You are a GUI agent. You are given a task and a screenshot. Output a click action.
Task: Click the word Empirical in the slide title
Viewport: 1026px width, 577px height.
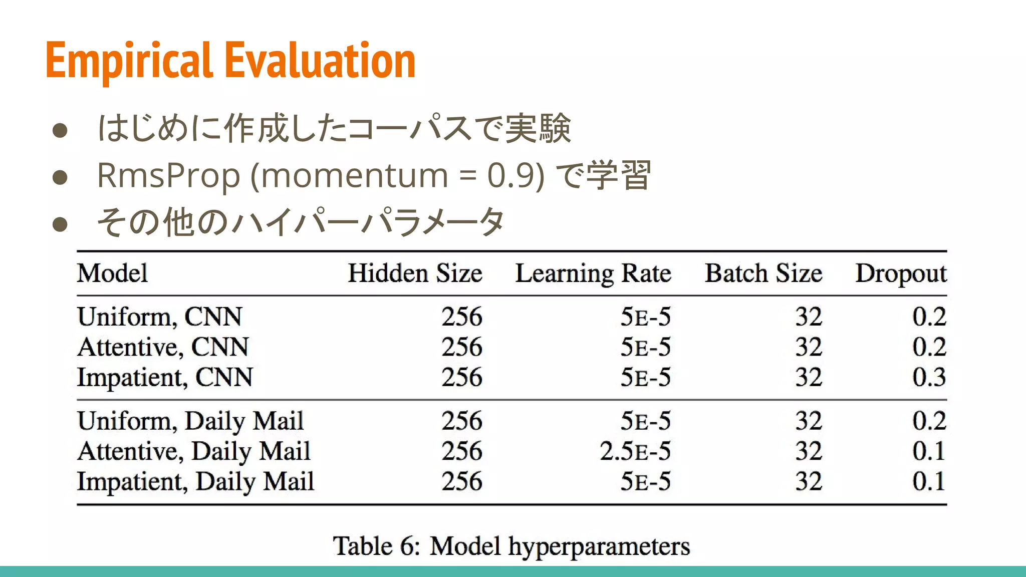[129, 61]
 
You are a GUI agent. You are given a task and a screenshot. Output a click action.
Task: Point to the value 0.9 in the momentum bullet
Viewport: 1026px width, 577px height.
[516, 176]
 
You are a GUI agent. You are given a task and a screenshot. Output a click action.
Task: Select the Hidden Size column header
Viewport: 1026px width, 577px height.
[415, 273]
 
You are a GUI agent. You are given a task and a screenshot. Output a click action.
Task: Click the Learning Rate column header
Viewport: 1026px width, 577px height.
[593, 274]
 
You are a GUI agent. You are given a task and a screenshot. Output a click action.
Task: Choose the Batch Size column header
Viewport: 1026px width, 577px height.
[763, 273]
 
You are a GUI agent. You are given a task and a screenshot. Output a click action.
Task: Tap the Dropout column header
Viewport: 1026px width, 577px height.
[901, 274]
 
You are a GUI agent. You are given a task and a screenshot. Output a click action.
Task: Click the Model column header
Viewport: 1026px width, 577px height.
[112, 273]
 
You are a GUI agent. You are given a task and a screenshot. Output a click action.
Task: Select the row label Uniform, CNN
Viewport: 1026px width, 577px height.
[159, 317]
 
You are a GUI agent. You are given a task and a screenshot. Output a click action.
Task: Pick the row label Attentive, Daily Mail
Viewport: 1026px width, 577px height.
[194, 451]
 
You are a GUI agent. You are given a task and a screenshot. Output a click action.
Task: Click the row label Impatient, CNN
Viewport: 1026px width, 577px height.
[165, 378]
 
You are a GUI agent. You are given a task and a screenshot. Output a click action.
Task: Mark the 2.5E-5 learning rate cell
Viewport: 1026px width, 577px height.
[635, 451]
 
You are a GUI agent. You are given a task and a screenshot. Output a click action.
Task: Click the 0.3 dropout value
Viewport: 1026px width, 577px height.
[929, 378]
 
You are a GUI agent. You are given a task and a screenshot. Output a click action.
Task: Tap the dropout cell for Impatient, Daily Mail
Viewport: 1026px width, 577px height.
[929, 482]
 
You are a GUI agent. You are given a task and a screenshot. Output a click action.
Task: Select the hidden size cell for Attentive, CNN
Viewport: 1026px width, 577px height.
[461, 347]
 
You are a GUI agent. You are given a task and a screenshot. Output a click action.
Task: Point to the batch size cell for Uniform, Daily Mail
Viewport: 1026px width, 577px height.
[809, 421]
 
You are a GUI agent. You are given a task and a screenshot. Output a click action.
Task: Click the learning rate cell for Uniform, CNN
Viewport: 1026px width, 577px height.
[645, 317]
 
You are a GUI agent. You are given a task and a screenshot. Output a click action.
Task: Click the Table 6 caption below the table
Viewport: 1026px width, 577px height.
[511, 546]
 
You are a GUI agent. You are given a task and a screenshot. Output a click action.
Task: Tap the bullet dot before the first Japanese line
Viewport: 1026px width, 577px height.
[60, 130]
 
